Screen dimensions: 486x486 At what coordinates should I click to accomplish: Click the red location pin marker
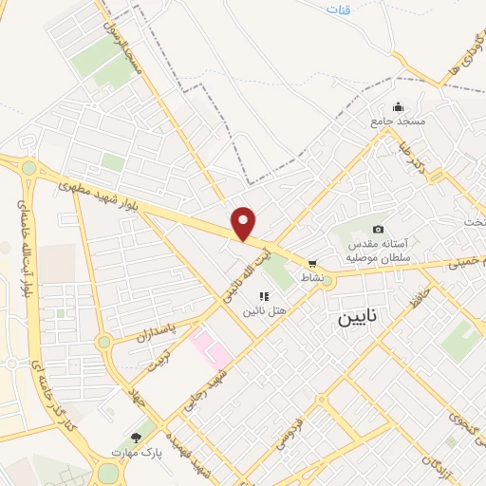[245, 224]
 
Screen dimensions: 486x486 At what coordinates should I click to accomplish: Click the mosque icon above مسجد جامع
[398, 106]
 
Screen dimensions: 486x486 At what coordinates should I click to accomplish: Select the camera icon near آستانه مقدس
[378, 229]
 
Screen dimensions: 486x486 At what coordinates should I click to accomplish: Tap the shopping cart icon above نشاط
[312, 264]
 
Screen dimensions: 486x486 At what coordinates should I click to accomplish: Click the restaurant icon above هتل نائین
[263, 297]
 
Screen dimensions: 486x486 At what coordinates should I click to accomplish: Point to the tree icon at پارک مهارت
[137, 438]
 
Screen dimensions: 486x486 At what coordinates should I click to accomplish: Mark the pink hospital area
[212, 348]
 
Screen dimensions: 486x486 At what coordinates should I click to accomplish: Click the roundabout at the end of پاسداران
[103, 342]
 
